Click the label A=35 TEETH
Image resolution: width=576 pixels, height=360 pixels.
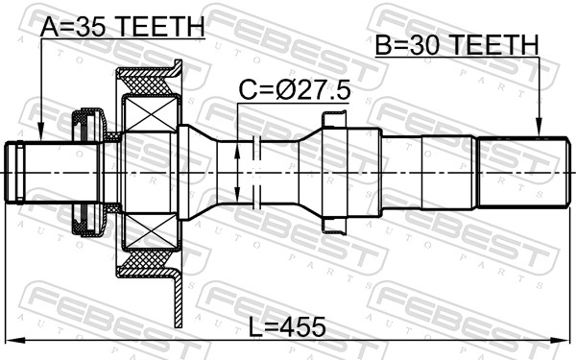coord(122,27)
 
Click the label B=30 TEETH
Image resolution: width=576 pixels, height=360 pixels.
coord(457,45)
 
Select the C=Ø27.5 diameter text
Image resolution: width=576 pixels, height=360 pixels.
coord(295,91)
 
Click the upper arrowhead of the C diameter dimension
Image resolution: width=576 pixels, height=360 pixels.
coord(237,151)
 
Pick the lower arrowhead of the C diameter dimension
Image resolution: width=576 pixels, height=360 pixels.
coord(237,194)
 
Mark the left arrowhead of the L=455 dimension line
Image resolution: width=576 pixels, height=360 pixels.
coord(15,340)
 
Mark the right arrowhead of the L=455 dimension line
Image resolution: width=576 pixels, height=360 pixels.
coord(561,340)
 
